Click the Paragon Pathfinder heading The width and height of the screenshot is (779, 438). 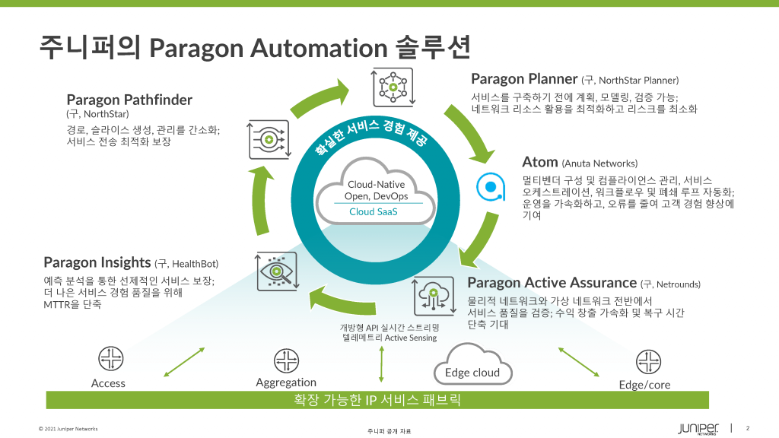tap(129, 100)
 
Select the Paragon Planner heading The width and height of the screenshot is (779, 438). tap(523, 78)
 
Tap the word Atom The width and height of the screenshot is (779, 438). tap(540, 162)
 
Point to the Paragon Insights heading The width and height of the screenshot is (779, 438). tap(97, 262)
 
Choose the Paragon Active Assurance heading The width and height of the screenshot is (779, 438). tap(552, 283)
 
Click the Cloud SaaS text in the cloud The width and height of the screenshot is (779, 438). tap(373, 211)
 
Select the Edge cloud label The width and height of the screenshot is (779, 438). tap(472, 372)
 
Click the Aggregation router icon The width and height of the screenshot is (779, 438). tap(285, 360)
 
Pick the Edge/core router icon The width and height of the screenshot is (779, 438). tap(647, 361)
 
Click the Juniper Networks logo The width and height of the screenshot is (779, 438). tap(697, 428)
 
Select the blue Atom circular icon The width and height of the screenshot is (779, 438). tap(491, 186)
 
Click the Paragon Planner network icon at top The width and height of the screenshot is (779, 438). tap(393, 87)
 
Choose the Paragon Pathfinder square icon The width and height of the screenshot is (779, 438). tap(267, 139)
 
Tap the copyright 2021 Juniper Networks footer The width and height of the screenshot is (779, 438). tap(68, 429)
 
